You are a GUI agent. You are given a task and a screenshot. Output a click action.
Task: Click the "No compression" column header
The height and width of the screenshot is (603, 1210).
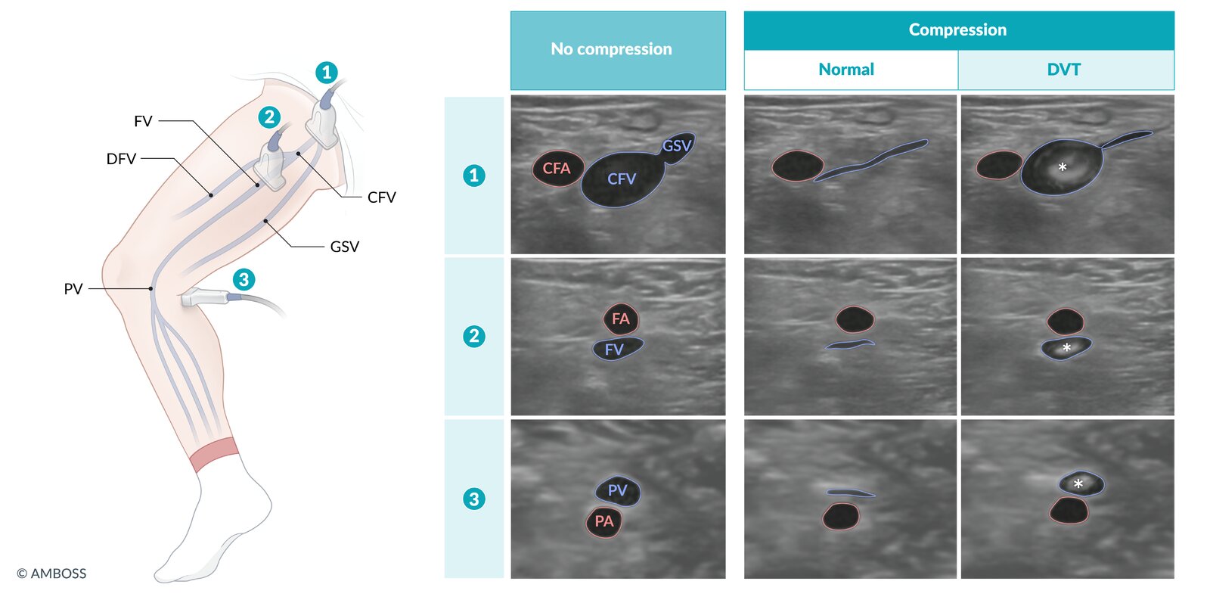pyautogui.click(x=611, y=49)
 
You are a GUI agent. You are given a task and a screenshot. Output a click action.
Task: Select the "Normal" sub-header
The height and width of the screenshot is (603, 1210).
pyautogui.click(x=846, y=70)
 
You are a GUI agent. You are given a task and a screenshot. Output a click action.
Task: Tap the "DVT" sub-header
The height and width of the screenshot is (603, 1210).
pyautogui.click(x=1063, y=70)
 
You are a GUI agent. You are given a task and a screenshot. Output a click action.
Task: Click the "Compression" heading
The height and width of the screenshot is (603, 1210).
pyautogui.click(x=957, y=30)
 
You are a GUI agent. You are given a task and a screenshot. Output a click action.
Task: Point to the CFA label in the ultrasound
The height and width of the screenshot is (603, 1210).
pyautogui.click(x=557, y=169)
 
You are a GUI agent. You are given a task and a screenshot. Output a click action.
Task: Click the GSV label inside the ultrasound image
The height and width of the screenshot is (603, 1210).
pyautogui.click(x=677, y=145)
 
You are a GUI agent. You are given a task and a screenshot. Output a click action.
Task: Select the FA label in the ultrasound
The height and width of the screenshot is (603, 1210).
pyautogui.click(x=621, y=319)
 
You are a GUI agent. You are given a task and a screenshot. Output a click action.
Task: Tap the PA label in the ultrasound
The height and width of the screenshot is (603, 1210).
pyautogui.click(x=604, y=521)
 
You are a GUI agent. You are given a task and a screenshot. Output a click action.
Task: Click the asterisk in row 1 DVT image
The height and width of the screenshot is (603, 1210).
pyautogui.click(x=1063, y=167)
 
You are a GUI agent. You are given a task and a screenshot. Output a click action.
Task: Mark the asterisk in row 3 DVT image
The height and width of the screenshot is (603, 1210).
pyautogui.click(x=1078, y=484)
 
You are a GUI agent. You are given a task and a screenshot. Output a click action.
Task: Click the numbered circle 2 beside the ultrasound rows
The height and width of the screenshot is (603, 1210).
pyautogui.click(x=474, y=336)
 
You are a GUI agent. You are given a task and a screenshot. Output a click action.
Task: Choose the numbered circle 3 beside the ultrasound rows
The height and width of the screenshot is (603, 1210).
pyautogui.click(x=474, y=499)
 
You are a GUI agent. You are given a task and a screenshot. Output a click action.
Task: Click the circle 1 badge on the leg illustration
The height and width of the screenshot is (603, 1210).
pyautogui.click(x=326, y=73)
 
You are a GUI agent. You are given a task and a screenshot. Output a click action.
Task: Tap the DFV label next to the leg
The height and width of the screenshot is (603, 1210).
pyautogui.click(x=121, y=159)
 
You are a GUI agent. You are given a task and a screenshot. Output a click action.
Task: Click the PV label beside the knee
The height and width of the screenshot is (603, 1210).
pyautogui.click(x=73, y=289)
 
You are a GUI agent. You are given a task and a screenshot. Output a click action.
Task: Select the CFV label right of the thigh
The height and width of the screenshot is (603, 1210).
pyautogui.click(x=381, y=197)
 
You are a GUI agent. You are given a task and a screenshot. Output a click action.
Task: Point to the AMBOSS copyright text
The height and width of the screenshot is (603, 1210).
pyautogui.click(x=52, y=573)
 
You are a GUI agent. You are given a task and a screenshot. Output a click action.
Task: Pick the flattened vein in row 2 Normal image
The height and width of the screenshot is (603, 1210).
pyautogui.click(x=850, y=345)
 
